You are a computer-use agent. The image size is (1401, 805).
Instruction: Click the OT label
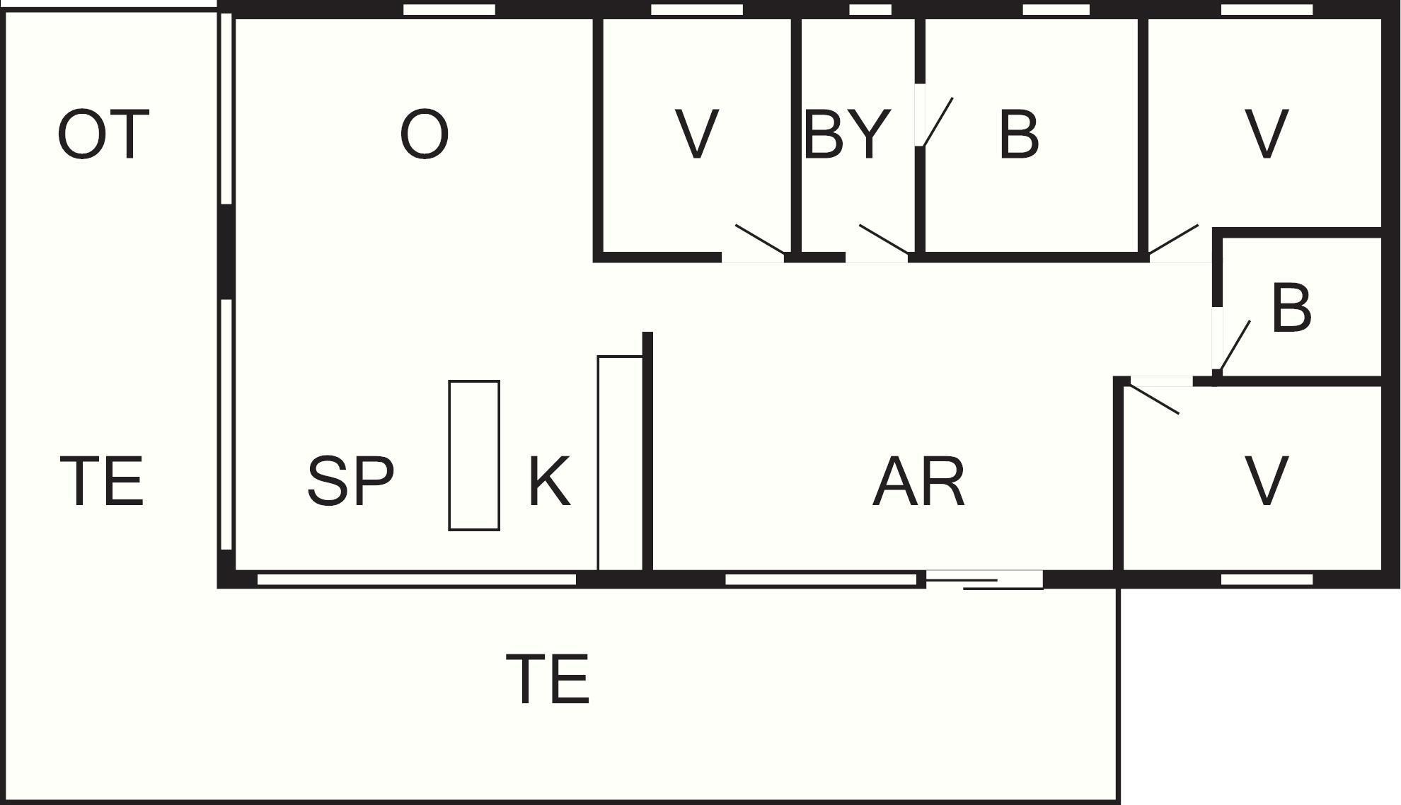click(103, 134)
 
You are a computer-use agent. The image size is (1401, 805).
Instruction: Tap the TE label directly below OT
click(103, 481)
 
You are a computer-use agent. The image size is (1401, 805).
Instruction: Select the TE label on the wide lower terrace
click(548, 680)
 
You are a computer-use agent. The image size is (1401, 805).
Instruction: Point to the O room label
click(424, 134)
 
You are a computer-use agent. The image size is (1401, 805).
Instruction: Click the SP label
click(350, 481)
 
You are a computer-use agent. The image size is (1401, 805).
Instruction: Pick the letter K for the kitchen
click(549, 481)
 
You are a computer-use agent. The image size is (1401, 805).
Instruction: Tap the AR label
click(918, 481)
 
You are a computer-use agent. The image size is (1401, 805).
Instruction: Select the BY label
click(846, 134)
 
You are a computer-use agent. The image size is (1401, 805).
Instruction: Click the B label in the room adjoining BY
click(1019, 134)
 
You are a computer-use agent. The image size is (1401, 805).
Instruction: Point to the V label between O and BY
click(697, 134)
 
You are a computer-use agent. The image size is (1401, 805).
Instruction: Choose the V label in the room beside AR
click(1266, 481)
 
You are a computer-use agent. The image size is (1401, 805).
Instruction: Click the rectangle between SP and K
click(474, 456)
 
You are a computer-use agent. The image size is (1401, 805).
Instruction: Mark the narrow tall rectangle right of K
click(620, 463)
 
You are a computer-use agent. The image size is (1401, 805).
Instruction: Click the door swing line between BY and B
click(938, 122)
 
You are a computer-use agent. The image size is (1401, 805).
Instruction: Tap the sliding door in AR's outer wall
click(984, 580)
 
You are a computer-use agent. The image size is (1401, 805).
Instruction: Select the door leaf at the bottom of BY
click(883, 238)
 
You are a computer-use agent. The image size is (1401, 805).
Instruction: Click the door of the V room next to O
click(760, 238)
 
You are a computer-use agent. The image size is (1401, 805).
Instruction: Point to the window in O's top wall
click(449, 10)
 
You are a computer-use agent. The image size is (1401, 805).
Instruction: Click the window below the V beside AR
click(1267, 579)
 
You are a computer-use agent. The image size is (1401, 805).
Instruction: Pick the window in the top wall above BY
click(870, 10)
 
